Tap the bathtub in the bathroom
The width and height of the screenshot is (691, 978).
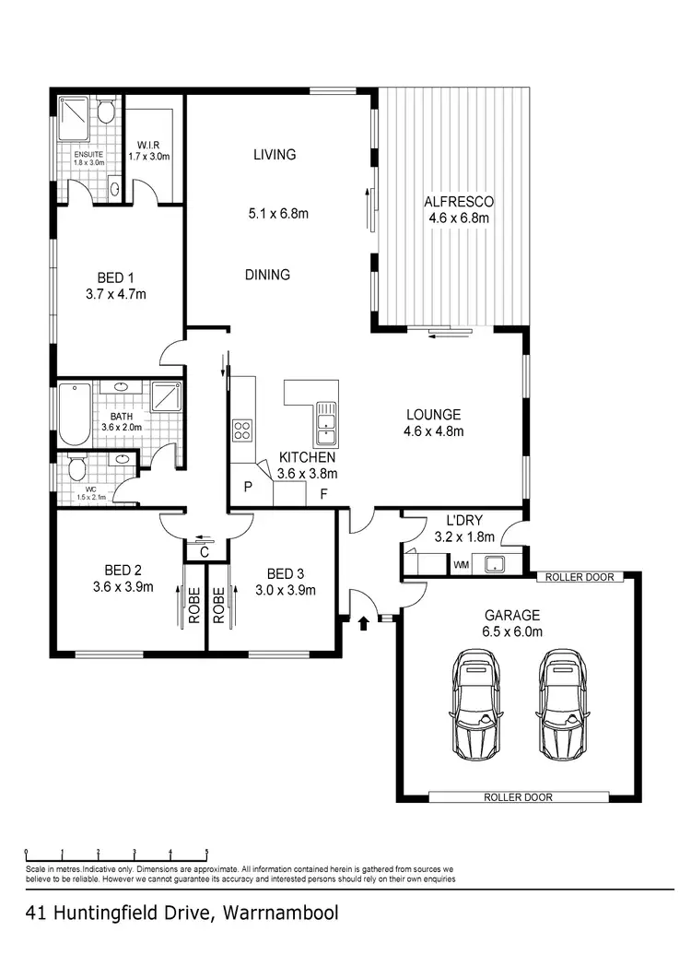[74, 414]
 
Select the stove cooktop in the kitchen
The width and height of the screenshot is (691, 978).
[242, 430]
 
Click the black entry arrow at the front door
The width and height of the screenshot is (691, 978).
[363, 623]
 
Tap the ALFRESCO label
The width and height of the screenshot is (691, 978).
[458, 202]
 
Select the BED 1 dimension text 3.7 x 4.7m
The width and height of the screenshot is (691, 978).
[116, 295]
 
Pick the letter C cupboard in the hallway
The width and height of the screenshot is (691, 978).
[205, 551]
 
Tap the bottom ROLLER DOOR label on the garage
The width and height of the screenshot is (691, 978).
[518, 797]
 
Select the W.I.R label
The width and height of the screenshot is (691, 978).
[149, 145]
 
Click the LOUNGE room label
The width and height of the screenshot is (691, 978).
[432, 415]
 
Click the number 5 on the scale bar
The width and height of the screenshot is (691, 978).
[206, 852]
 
